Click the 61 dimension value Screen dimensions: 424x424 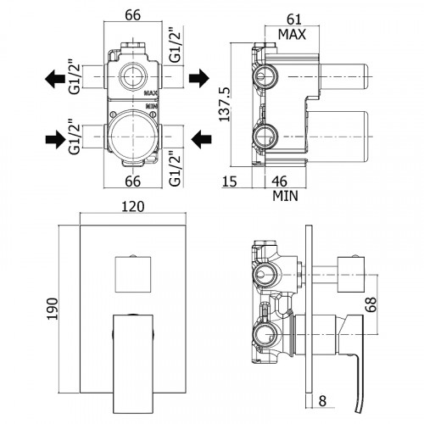[x=294, y=20]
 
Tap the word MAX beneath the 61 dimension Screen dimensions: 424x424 [x=292, y=35]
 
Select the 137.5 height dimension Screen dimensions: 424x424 [x=226, y=104]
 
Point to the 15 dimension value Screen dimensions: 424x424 [x=229, y=181]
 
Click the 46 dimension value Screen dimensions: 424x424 [x=280, y=181]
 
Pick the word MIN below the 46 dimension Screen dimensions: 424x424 [x=285, y=196]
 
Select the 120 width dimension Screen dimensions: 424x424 [x=133, y=207]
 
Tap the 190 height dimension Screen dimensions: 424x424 [x=52, y=309]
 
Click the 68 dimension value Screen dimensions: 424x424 [x=371, y=304]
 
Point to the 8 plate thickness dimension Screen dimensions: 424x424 [x=322, y=400]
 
